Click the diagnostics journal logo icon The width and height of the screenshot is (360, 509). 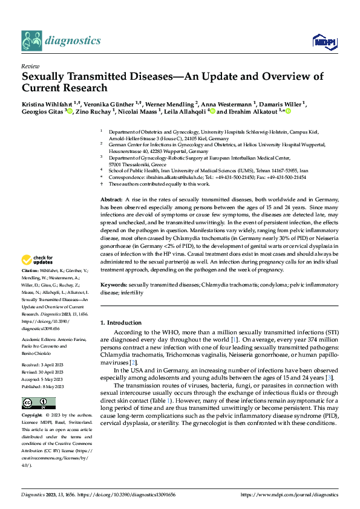(31, 41)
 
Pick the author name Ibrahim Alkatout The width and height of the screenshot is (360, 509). (252, 112)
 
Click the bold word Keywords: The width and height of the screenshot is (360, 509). (113, 284)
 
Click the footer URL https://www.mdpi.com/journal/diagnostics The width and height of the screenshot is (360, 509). (289, 494)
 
